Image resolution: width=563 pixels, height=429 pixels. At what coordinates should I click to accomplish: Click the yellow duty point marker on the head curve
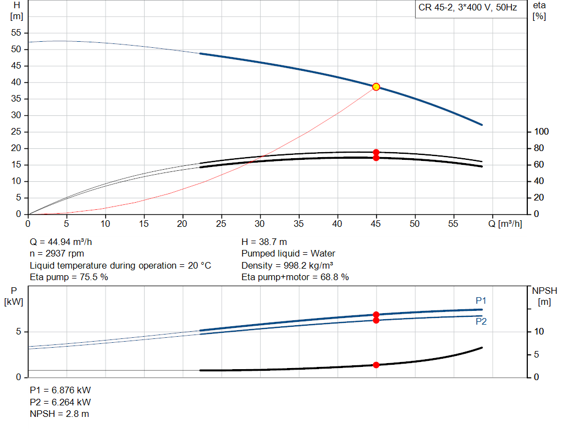coord(376,87)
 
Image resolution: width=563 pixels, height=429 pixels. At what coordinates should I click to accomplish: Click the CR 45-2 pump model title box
coord(468,9)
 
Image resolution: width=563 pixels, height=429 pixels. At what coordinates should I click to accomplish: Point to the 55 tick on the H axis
coord(16,33)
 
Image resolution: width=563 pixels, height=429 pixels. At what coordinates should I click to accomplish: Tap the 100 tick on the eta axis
coord(542,132)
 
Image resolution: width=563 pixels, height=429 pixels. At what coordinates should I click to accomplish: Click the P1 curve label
coord(481,300)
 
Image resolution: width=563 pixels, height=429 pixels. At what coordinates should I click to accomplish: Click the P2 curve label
coord(481,322)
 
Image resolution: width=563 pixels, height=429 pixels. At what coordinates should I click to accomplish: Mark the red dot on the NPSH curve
coord(376,365)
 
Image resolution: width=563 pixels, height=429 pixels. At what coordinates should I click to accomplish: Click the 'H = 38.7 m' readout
coord(264,242)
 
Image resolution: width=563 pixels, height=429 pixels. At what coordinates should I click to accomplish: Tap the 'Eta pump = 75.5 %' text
coord(69,277)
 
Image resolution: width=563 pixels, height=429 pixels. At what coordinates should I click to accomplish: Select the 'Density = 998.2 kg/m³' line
coord(287,265)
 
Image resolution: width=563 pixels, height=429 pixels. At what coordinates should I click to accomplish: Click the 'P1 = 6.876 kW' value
coord(60,390)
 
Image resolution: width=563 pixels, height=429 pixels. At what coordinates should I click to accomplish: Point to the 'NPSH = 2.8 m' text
coord(59,414)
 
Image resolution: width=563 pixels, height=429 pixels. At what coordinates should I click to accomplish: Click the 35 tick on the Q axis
coord(299,224)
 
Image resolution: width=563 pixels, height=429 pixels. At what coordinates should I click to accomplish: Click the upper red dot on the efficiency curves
coord(376,152)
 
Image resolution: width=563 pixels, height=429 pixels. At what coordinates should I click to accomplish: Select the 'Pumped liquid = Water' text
coord(288,254)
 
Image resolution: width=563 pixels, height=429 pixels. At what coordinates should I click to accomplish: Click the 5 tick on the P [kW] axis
coord(18,332)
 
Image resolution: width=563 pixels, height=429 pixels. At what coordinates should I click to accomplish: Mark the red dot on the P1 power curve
coord(376,315)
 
